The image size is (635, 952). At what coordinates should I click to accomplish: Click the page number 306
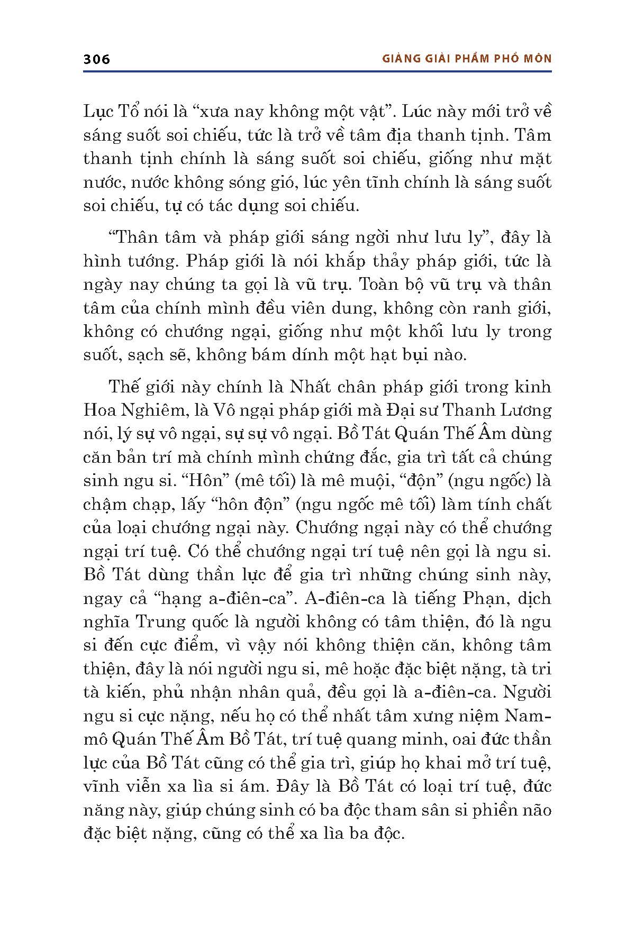click(97, 59)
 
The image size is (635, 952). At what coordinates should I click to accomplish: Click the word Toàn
click(379, 285)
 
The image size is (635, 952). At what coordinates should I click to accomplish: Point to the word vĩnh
click(101, 786)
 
